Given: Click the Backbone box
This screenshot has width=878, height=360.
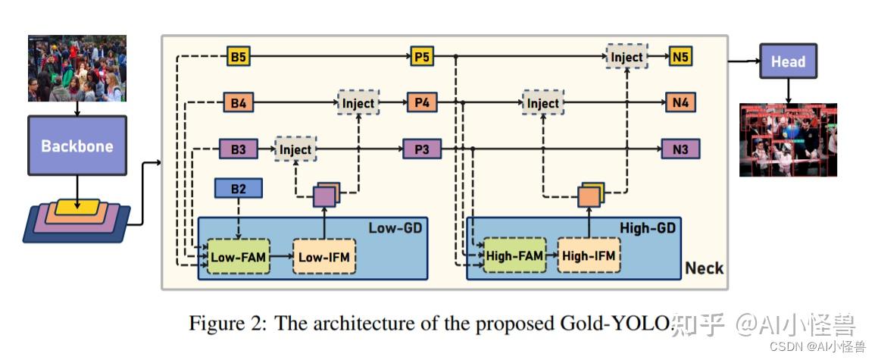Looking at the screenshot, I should pyautogui.click(x=77, y=146).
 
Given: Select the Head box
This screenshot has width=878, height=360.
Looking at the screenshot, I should pyautogui.click(x=788, y=61).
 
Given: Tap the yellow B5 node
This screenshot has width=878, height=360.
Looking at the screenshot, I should pyautogui.click(x=238, y=56).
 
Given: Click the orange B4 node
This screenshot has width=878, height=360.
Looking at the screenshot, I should pyautogui.click(x=238, y=103).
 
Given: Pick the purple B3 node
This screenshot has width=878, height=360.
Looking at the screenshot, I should pyautogui.click(x=238, y=149).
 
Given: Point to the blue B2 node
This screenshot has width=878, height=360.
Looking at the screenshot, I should pyautogui.click(x=239, y=189).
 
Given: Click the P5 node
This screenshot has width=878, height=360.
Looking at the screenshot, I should pyautogui.click(x=422, y=56).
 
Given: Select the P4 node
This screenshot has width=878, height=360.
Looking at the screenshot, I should pyautogui.click(x=422, y=103).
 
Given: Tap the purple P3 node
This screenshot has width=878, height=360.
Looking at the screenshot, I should pyautogui.click(x=422, y=149).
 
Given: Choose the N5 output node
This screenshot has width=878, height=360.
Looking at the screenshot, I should pyautogui.click(x=680, y=56).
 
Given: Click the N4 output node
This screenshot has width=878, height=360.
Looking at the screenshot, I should pyautogui.click(x=680, y=103).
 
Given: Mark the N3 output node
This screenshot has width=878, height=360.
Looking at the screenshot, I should pyautogui.click(x=680, y=149).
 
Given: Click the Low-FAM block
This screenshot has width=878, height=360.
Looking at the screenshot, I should pyautogui.click(x=239, y=257).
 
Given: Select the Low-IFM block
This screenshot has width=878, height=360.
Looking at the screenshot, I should pyautogui.click(x=324, y=257).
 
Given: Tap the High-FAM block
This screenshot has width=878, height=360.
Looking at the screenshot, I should pyautogui.click(x=514, y=256).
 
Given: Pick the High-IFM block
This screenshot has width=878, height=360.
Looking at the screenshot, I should pyautogui.click(x=589, y=256).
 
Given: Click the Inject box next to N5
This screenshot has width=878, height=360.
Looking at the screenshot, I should pyautogui.click(x=626, y=56).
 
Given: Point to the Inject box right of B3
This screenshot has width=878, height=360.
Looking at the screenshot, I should pyautogui.click(x=295, y=149).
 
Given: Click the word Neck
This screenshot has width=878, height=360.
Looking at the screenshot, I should pyautogui.click(x=704, y=268).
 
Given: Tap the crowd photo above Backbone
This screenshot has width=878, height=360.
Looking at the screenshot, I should pyautogui.click(x=77, y=68).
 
